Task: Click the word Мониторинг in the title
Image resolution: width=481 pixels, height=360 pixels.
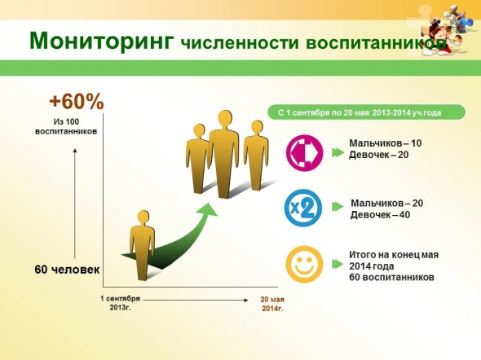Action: tap(102, 41)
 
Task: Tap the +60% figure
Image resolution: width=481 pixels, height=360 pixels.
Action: tap(77, 102)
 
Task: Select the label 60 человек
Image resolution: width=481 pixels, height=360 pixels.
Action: tap(67, 270)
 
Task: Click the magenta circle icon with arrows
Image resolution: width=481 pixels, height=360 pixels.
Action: tap(305, 152)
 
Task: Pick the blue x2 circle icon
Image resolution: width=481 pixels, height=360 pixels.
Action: tap(303, 208)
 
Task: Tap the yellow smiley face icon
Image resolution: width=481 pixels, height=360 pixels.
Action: tap(304, 264)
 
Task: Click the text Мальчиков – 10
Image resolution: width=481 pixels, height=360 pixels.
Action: tap(386, 143)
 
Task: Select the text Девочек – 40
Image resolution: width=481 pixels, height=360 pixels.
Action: tap(380, 215)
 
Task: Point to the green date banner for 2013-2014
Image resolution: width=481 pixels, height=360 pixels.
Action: tap(367, 112)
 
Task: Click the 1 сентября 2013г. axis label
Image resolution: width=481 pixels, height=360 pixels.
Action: tap(121, 303)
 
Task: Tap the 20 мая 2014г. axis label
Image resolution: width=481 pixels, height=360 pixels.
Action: tap(272, 304)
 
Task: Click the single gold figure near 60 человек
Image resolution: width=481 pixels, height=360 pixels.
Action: tap(142, 245)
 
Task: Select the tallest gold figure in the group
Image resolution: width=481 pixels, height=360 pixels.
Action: tap(223, 154)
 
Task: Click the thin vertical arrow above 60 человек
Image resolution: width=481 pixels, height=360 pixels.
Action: tap(75, 204)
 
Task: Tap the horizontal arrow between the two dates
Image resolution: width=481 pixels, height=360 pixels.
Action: tap(196, 301)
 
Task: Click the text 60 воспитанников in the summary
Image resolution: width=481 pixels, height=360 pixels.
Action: tap(392, 277)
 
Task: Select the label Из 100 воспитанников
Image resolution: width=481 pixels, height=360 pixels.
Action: tap(66, 126)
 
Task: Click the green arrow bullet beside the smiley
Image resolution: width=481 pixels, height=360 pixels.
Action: tap(338, 265)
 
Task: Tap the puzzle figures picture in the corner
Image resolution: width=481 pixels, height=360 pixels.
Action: tap(442, 29)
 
